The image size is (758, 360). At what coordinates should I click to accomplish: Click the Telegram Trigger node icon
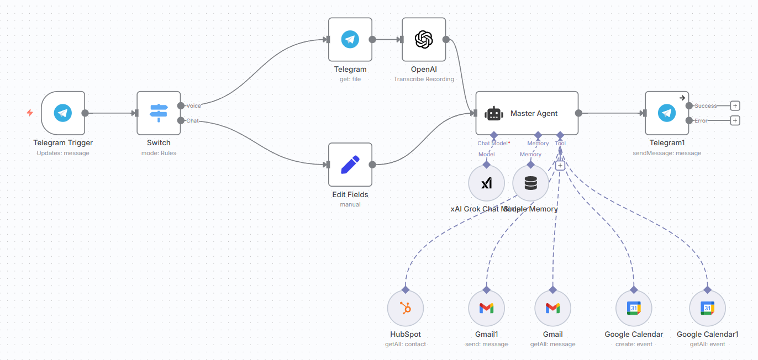pyautogui.click(x=63, y=113)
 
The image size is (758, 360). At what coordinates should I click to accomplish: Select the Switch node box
pyautogui.click(x=159, y=113)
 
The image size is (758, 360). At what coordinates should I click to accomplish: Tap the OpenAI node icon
pyautogui.click(x=424, y=40)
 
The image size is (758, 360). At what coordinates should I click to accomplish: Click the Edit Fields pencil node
pyautogui.click(x=350, y=165)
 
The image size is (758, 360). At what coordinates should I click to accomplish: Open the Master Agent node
pyautogui.click(x=527, y=113)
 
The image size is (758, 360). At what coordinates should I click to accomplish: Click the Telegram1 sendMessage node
pyautogui.click(x=667, y=113)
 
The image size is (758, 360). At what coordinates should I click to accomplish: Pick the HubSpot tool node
pyautogui.click(x=406, y=308)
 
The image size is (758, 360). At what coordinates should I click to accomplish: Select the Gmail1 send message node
pyautogui.click(x=486, y=308)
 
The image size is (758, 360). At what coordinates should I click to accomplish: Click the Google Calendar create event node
pyautogui.click(x=634, y=308)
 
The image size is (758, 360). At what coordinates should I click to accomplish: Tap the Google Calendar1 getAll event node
pyautogui.click(x=707, y=308)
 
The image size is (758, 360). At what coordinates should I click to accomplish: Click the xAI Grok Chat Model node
pyautogui.click(x=486, y=183)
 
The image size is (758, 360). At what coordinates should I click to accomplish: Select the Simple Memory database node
pyautogui.click(x=530, y=183)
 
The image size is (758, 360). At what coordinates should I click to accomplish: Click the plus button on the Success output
pyautogui.click(x=735, y=105)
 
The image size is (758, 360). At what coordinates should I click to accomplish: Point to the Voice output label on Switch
pyautogui.click(x=194, y=105)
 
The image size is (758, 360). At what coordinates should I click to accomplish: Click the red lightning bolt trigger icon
pyautogui.click(x=30, y=113)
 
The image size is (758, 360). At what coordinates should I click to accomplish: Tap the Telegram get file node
pyautogui.click(x=350, y=40)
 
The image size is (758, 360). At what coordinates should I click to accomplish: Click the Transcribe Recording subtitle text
pyautogui.click(x=424, y=79)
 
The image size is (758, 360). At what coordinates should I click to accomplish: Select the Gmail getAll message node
pyautogui.click(x=552, y=308)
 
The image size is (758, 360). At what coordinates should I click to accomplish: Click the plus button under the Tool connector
pyautogui.click(x=560, y=165)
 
